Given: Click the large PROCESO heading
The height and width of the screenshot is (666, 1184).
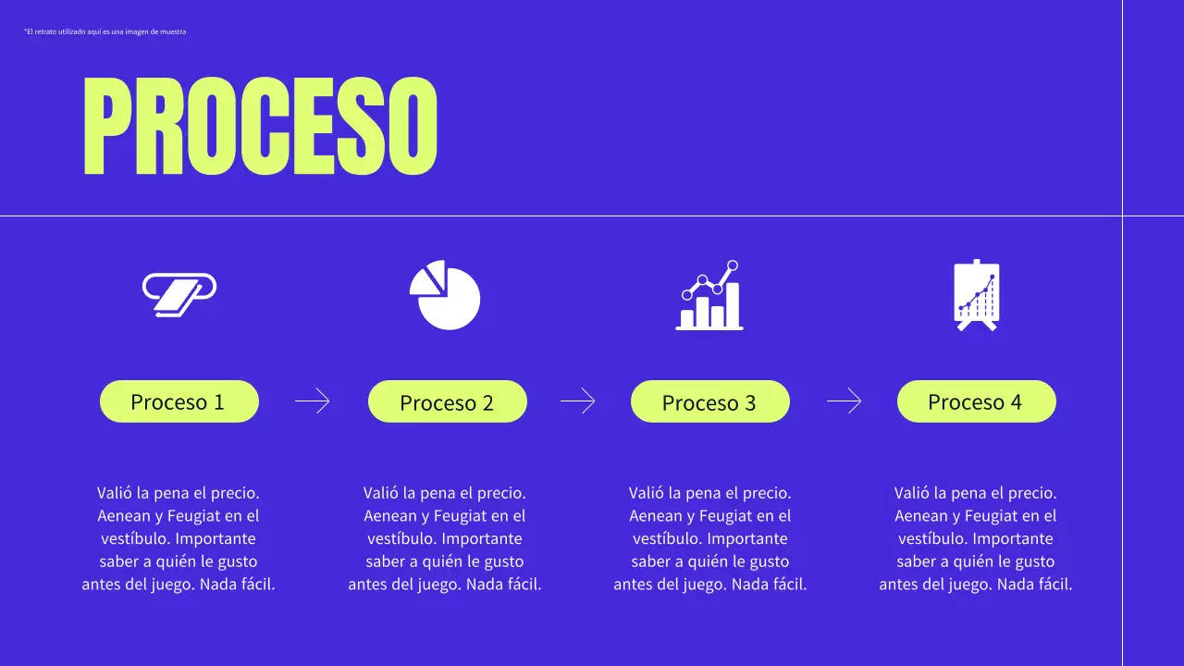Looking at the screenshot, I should tap(260, 126).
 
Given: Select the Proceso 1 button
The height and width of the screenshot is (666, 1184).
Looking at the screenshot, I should tap(179, 401).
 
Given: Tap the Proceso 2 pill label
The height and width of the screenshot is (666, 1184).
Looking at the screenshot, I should tap(447, 402).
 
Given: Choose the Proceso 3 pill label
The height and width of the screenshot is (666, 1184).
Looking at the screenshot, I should tap(709, 402).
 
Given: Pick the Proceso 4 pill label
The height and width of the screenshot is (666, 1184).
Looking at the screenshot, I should tap(976, 401).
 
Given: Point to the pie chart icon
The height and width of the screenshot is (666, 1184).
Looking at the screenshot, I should tap(446, 296).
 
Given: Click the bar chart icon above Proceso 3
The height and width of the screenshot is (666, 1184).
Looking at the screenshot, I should tap(709, 296).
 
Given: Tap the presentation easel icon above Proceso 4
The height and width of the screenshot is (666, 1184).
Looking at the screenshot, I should tap(976, 296).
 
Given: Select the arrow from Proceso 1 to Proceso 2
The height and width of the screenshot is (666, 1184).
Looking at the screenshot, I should tap(312, 401).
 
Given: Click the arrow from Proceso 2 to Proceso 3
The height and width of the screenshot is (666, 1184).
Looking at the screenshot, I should tap(577, 401).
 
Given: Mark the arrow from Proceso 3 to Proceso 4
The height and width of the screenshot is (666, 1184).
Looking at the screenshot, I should tap(844, 401).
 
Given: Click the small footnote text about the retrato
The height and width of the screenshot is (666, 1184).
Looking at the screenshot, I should tap(105, 32).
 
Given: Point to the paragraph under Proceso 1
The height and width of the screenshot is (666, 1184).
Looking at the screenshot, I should tap(179, 538).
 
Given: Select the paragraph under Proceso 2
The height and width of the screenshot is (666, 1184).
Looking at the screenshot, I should tap(445, 538).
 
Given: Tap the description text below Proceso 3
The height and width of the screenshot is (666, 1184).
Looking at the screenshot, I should tap(710, 538).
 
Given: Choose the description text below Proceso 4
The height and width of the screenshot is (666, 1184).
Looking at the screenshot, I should tap(976, 538).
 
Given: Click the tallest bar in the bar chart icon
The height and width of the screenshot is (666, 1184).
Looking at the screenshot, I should tap(732, 304).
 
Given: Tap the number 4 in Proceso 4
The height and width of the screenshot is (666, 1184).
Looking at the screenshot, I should tap(1016, 401).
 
